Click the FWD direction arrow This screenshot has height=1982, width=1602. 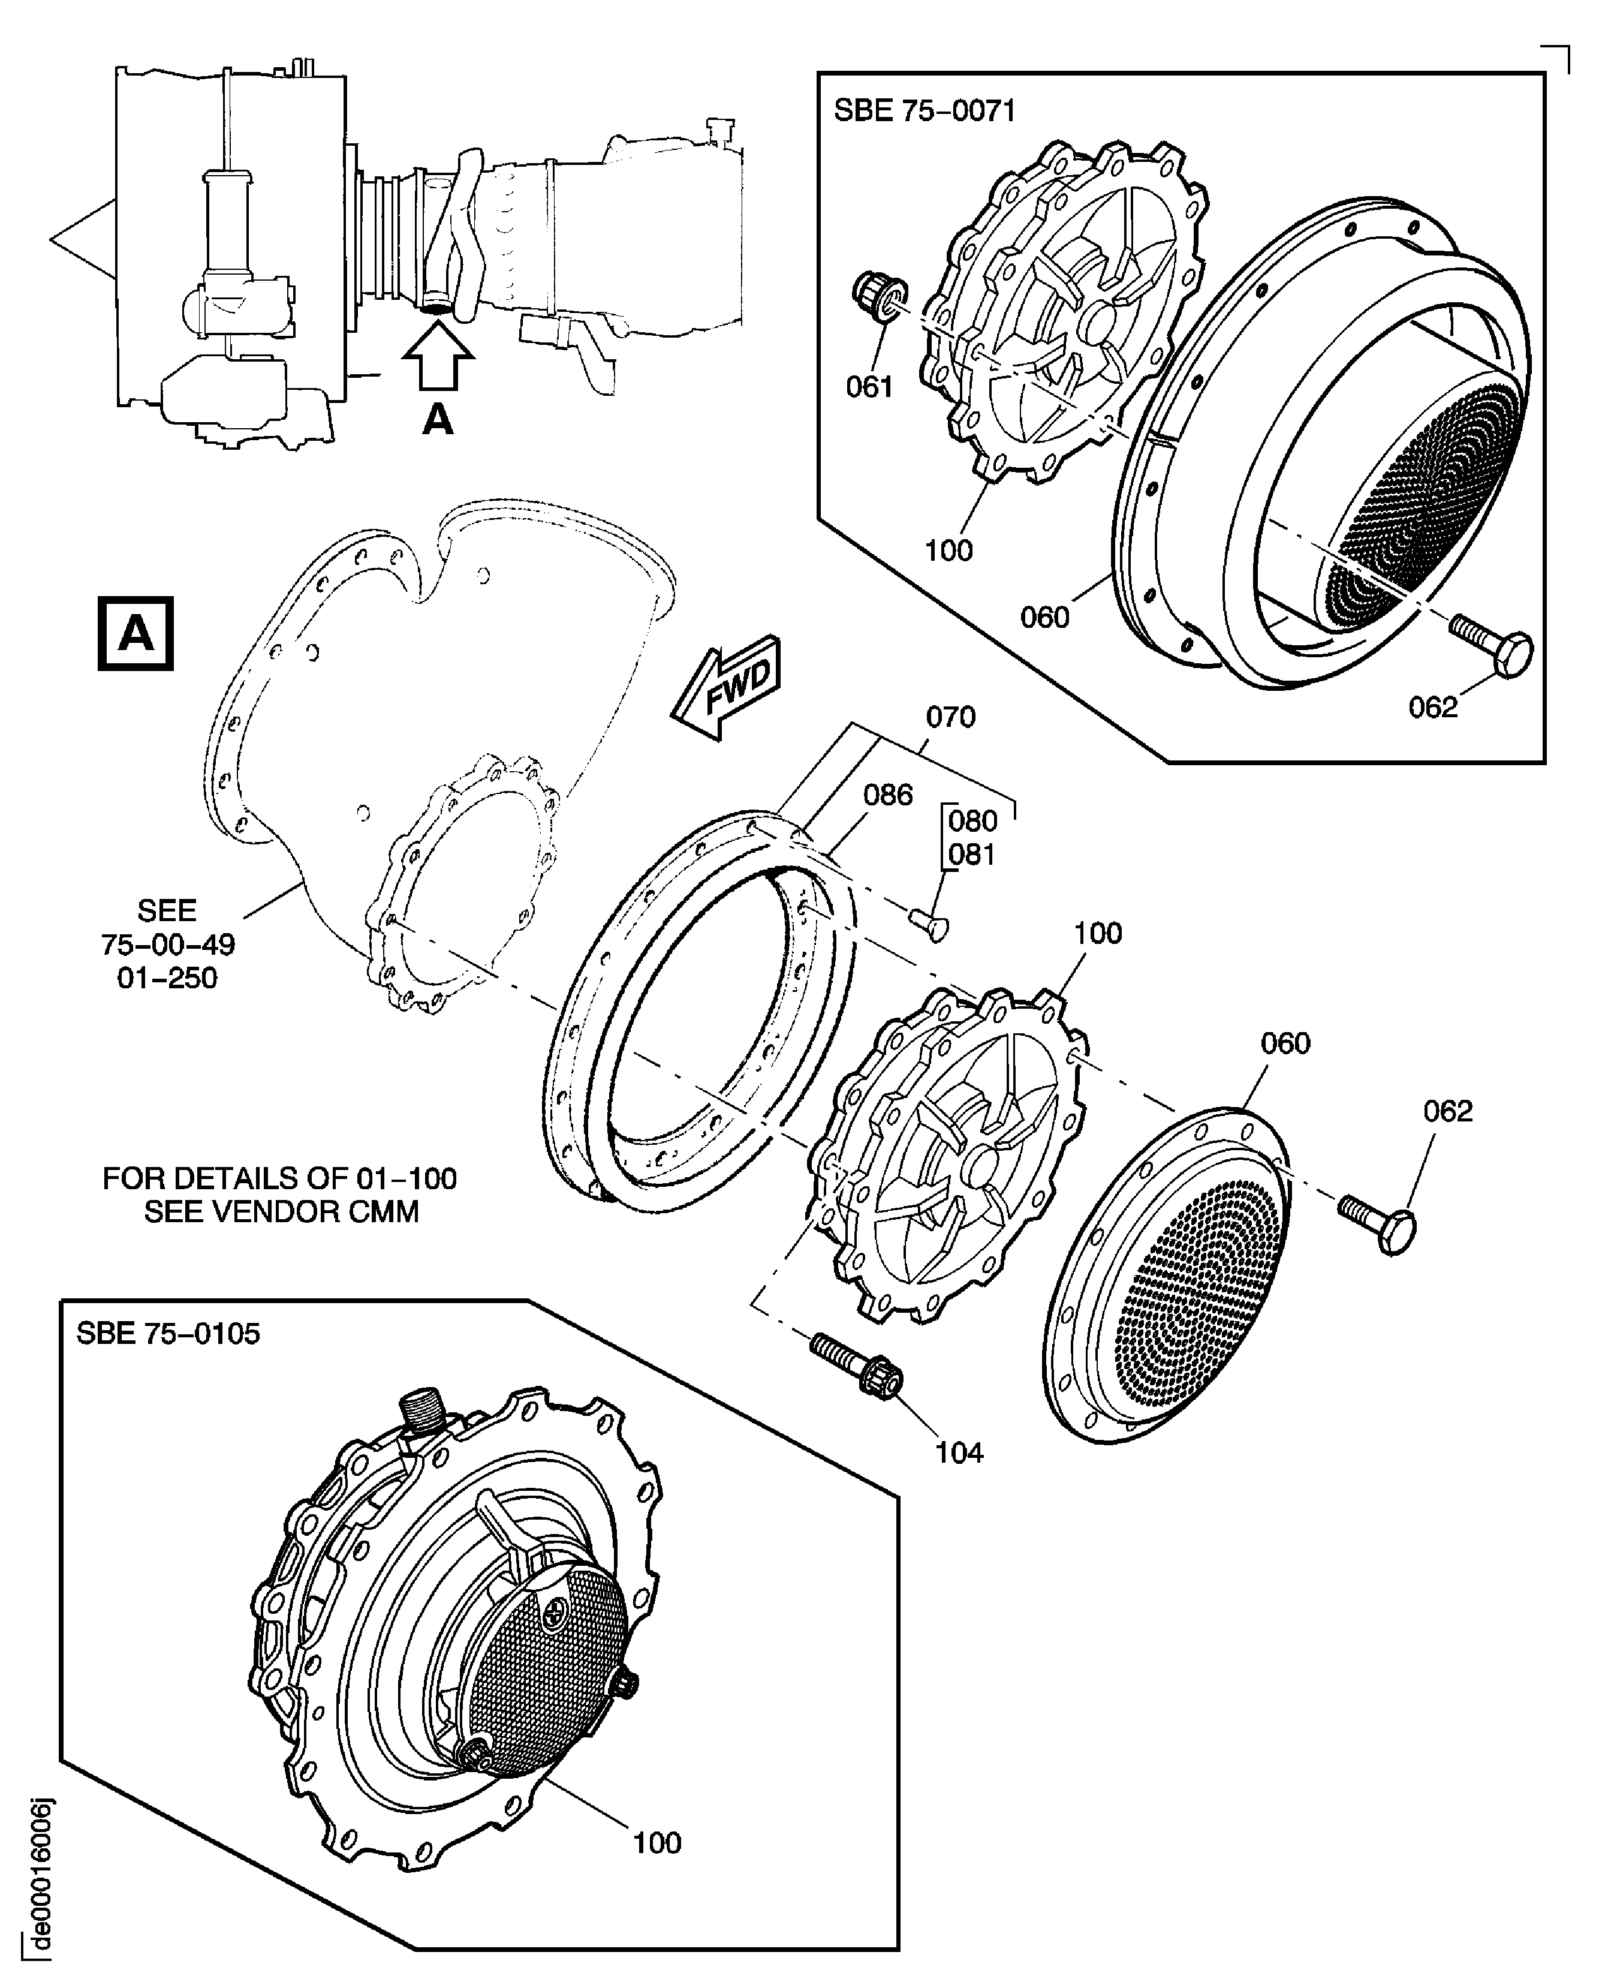click(727, 688)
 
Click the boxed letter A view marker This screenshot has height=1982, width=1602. click(135, 634)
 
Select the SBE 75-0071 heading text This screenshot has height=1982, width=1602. click(924, 111)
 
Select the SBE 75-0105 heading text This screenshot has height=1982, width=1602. click(168, 1334)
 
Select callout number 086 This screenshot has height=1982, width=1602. click(888, 795)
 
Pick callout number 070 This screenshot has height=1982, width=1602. click(950, 717)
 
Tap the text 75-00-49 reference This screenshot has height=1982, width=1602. click(167, 945)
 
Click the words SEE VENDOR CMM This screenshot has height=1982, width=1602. click(281, 1211)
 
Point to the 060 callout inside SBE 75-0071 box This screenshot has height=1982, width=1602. click(1044, 616)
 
